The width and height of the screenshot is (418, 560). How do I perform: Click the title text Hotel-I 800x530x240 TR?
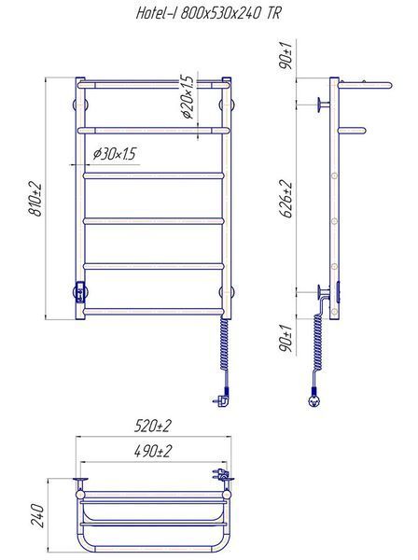click(x=208, y=14)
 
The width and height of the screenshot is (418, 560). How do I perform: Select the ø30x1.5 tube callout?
click(x=114, y=154)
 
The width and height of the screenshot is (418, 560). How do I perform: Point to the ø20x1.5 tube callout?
click(x=187, y=97)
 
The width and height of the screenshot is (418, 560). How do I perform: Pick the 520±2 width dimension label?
click(x=153, y=426)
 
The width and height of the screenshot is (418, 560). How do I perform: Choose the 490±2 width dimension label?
click(x=153, y=451)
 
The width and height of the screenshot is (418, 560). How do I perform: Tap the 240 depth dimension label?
click(x=37, y=516)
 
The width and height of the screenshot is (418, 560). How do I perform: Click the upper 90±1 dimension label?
click(x=286, y=55)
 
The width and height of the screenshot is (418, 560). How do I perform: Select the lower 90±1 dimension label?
click(x=286, y=338)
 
